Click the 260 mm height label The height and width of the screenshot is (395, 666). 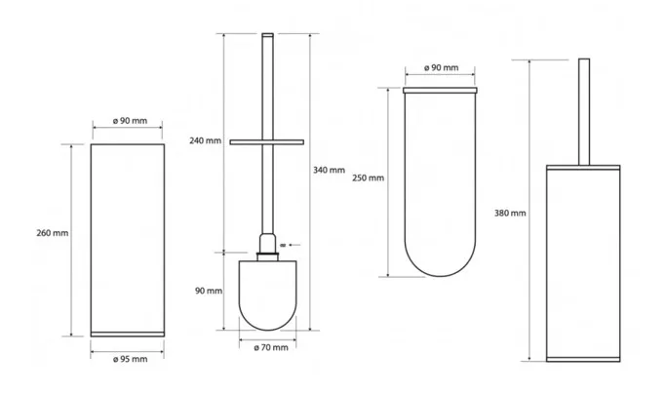tap(53, 233)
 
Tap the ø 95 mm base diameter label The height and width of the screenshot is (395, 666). tap(131, 359)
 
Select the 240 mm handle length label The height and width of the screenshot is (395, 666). tap(205, 140)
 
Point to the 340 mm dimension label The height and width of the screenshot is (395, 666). tap(330, 171)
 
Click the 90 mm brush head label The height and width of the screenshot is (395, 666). tap(209, 291)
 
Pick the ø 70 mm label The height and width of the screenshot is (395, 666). tap(271, 348)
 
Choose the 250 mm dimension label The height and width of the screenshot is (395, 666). tap(368, 178)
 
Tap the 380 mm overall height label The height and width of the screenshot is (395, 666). tap(510, 214)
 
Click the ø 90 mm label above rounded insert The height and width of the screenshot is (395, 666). tap(442, 67)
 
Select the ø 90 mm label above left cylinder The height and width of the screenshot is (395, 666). tap(130, 121)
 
